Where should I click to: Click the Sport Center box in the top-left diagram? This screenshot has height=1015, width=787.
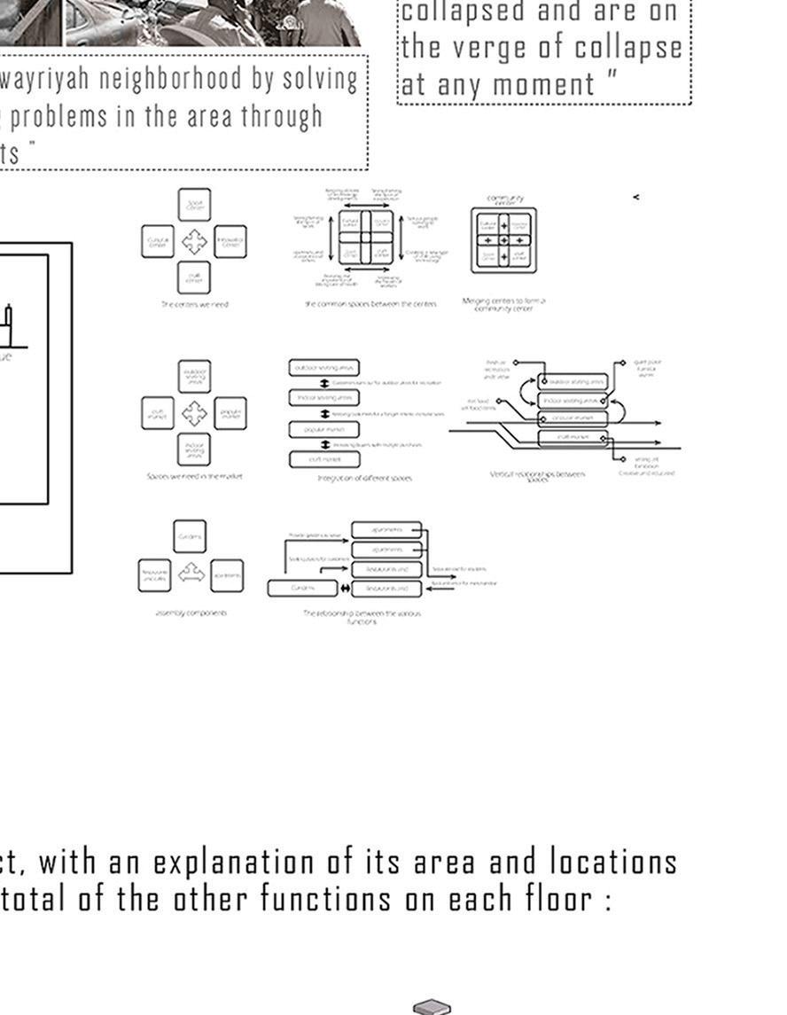(194, 204)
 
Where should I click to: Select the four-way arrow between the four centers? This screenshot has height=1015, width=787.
(194, 241)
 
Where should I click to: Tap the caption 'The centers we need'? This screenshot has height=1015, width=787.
(194, 304)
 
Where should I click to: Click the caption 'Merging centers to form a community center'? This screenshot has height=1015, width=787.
(504, 304)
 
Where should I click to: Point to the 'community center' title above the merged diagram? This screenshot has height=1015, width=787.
(505, 199)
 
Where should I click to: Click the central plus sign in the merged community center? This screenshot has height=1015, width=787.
(504, 240)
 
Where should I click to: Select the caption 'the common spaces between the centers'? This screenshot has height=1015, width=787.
(370, 304)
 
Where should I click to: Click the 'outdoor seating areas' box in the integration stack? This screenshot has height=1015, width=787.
(323, 367)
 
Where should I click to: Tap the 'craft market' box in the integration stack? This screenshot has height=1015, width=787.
(323, 459)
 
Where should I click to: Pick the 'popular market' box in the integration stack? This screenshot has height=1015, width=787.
(323, 429)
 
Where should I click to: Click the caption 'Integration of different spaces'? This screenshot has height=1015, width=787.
(364, 478)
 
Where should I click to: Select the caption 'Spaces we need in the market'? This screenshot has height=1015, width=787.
(194, 476)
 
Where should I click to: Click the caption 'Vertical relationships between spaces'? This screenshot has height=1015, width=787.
(538, 476)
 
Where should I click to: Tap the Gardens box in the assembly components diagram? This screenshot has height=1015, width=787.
(190, 536)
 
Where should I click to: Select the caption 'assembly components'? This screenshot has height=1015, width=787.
(191, 613)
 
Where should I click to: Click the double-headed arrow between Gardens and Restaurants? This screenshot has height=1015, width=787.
(345, 588)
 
